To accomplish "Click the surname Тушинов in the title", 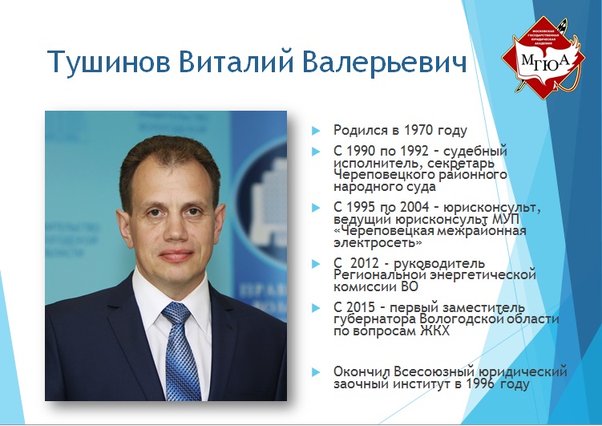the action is pos(109,62).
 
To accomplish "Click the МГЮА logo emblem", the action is pos(543,58).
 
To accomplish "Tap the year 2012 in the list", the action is pos(365,263).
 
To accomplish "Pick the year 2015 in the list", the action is pos(361,308).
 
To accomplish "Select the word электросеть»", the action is pos(378,243).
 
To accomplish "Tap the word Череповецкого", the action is pos(382,176).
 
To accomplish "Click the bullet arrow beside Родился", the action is pos(316,131).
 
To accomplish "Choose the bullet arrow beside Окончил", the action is pos(316,371).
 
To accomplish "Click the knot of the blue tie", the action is pos(176,312).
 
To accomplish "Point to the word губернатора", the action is pos(374,319).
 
